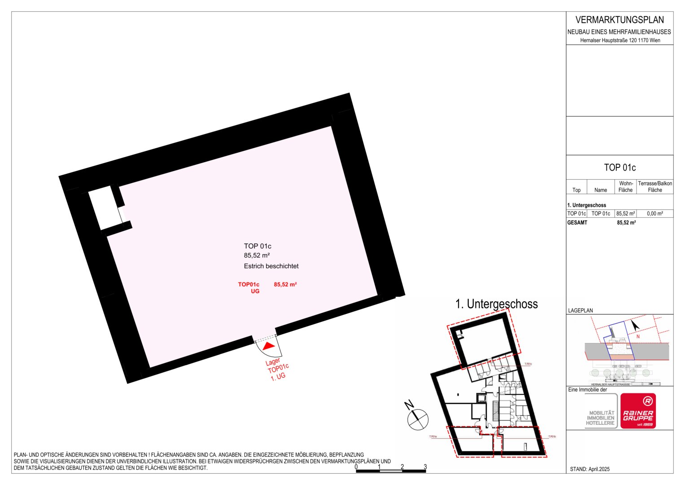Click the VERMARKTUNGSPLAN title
point(620,20)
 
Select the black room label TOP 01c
point(257,246)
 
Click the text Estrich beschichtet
point(271,266)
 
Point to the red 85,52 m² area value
point(285,284)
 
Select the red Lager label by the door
point(273,362)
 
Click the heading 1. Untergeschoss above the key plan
point(496,304)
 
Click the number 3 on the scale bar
point(425,467)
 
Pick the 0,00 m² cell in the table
point(654,214)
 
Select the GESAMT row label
point(577,223)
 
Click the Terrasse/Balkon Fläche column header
point(654,187)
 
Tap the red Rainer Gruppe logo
point(638,411)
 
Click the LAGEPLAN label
point(580,310)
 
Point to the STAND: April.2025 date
point(589,469)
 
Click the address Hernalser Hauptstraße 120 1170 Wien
point(620,40)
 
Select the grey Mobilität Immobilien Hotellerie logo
point(600,417)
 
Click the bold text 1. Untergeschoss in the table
point(586,205)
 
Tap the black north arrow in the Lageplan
point(636,325)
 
